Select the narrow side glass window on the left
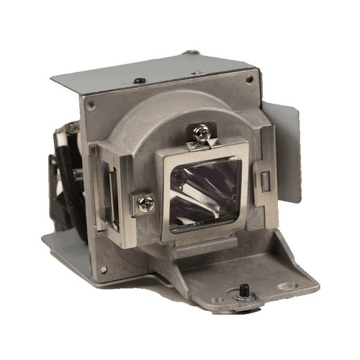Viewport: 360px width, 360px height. [x=110, y=194]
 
